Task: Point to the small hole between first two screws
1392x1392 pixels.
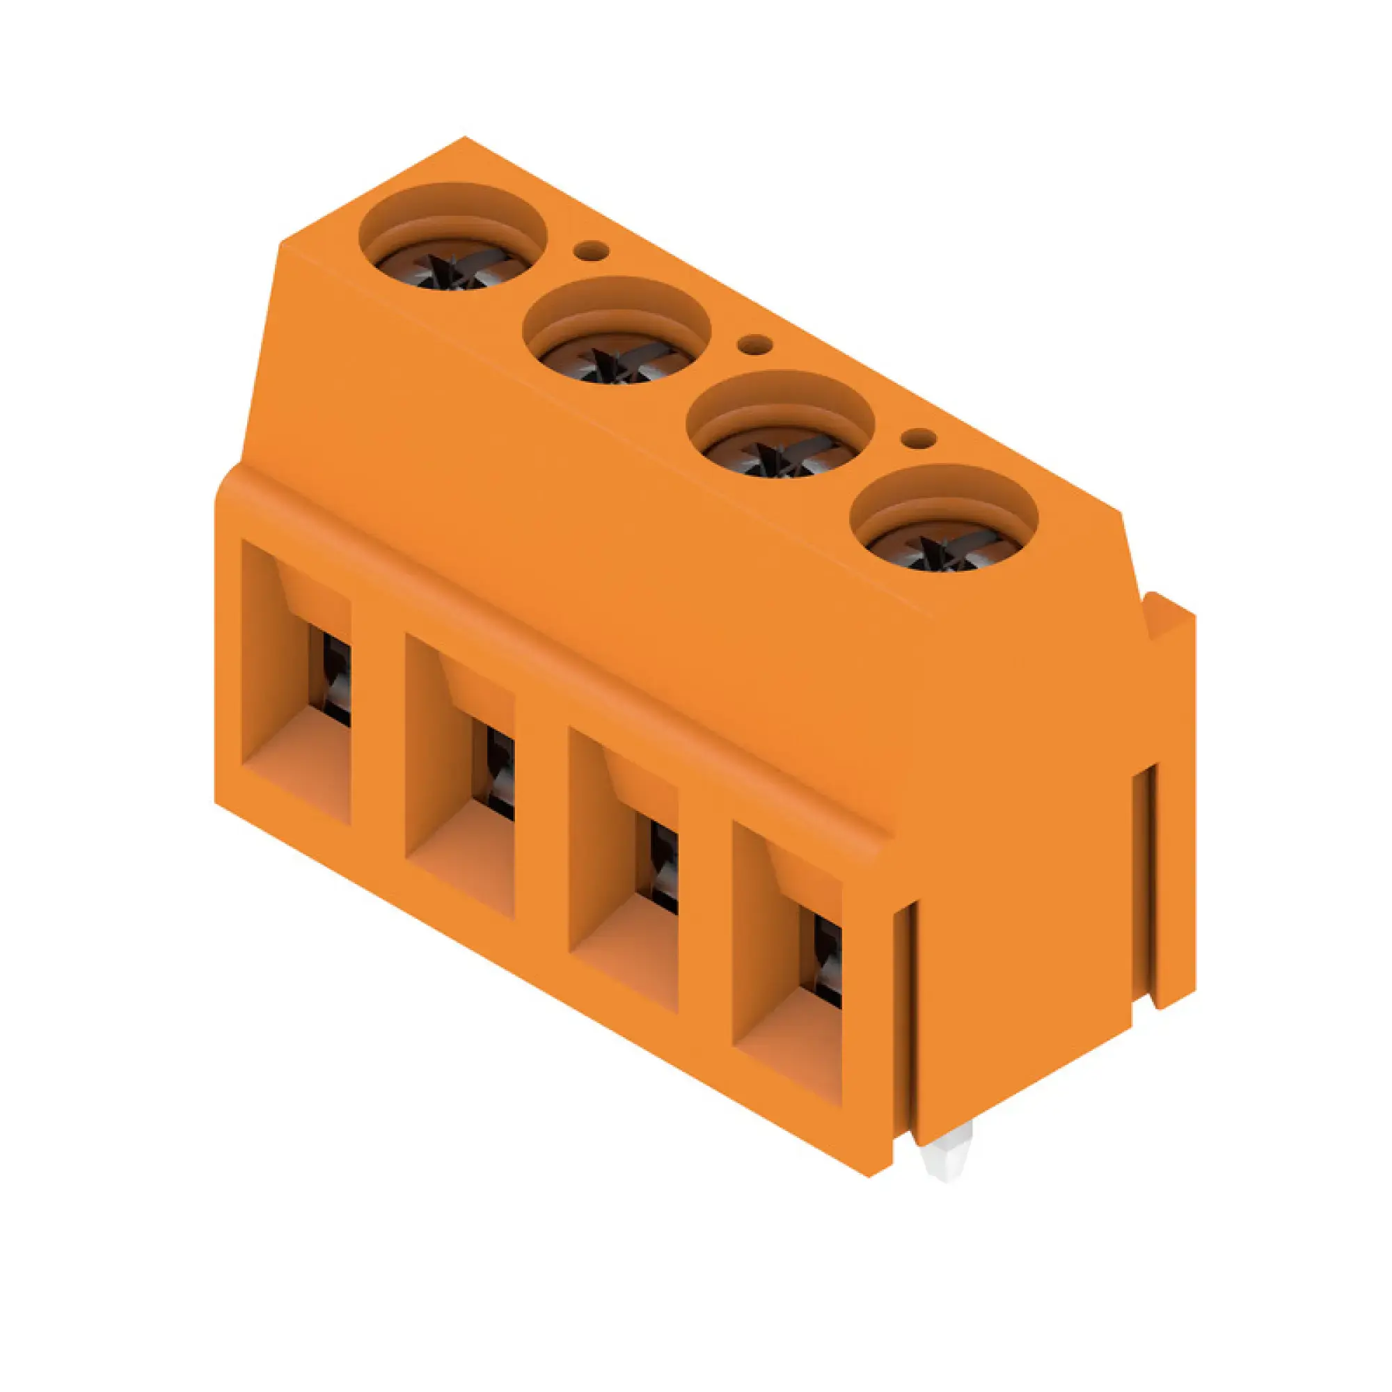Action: coord(591,250)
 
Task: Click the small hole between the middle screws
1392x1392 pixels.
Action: coord(755,345)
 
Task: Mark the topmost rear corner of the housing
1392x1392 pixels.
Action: coord(465,139)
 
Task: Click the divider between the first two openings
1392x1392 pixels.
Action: coord(377,728)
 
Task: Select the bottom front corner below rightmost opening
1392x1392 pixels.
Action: coord(869,1176)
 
